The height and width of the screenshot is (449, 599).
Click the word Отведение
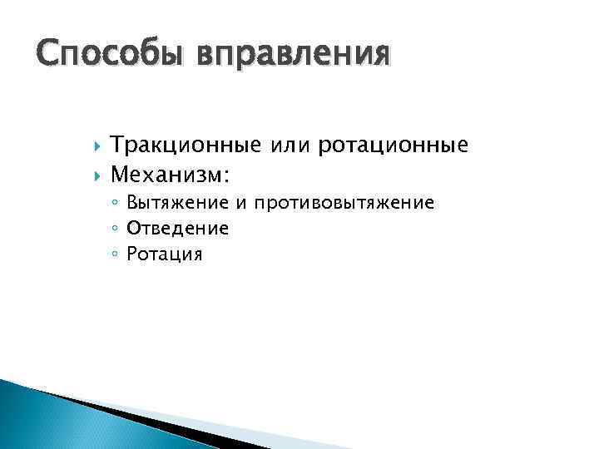tap(177, 229)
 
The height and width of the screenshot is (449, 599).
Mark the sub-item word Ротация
tap(164, 254)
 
